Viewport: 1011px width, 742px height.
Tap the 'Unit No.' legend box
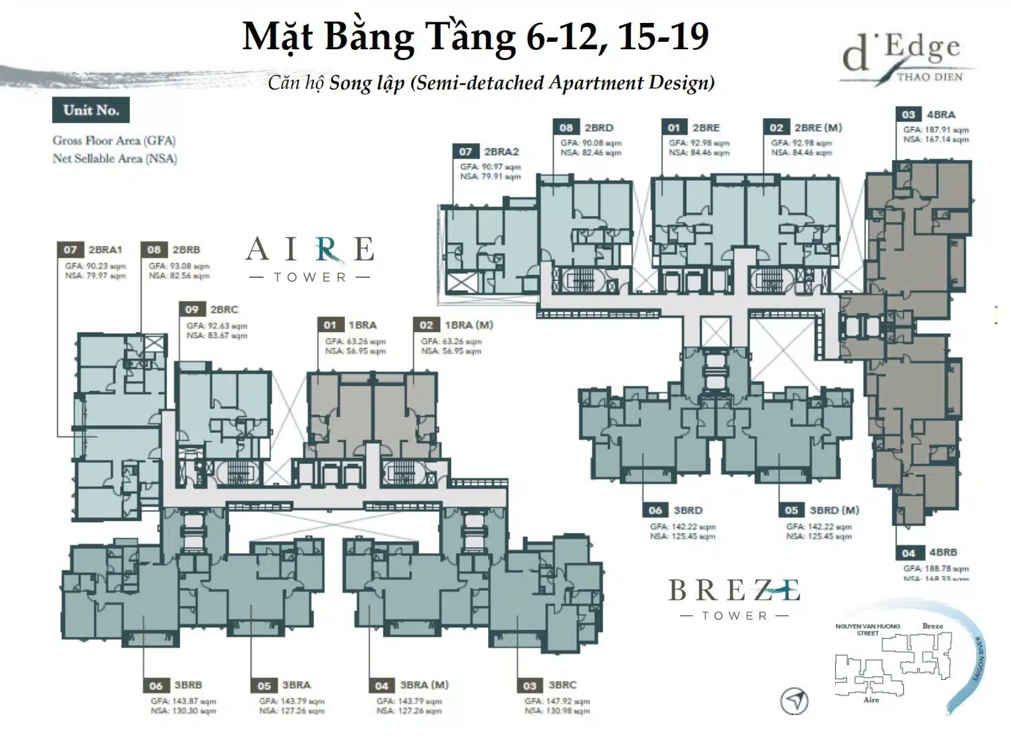(x=91, y=111)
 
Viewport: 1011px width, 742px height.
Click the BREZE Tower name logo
(x=734, y=597)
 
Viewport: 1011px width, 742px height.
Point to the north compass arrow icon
(x=794, y=701)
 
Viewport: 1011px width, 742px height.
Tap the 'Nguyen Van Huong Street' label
(x=867, y=630)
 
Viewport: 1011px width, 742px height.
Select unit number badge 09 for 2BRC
(x=192, y=310)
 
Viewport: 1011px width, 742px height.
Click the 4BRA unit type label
(x=941, y=115)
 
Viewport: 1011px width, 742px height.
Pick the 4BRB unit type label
(x=942, y=552)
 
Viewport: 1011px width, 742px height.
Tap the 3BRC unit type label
(x=562, y=685)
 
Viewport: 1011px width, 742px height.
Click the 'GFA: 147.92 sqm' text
(x=557, y=702)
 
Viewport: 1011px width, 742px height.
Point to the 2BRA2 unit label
(x=501, y=152)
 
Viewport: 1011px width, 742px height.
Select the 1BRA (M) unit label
(x=468, y=325)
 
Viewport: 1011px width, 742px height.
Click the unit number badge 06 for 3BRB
(x=156, y=685)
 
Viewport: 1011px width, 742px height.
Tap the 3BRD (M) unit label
(x=834, y=511)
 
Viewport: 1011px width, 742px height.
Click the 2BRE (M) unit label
(x=818, y=127)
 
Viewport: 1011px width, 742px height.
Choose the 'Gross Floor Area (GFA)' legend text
(x=114, y=141)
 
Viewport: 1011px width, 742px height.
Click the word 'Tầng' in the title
(x=471, y=37)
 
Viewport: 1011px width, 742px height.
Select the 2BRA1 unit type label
(x=106, y=250)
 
